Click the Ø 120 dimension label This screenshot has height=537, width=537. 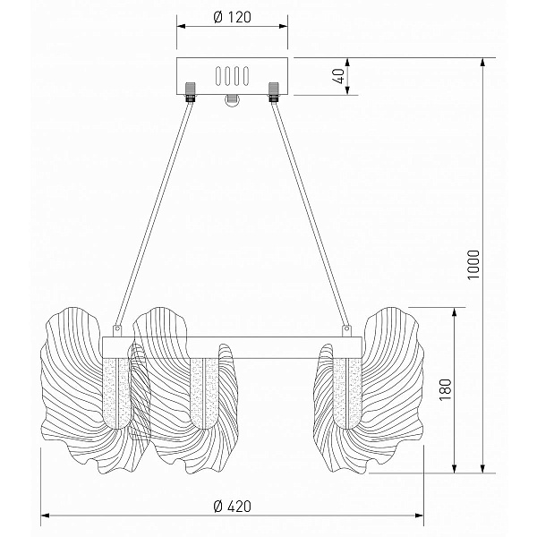[232, 17]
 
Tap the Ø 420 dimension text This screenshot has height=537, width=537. [232, 507]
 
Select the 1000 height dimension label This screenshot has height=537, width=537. [473, 265]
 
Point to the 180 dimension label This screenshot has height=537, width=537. [445, 389]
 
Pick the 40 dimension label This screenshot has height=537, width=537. [338, 76]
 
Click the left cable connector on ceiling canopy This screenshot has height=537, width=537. [190, 92]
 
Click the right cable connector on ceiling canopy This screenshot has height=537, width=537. [273, 92]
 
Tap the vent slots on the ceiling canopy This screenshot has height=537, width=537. [232, 76]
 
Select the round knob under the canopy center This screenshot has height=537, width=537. [232, 100]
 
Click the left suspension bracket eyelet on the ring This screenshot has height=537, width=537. [117, 329]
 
